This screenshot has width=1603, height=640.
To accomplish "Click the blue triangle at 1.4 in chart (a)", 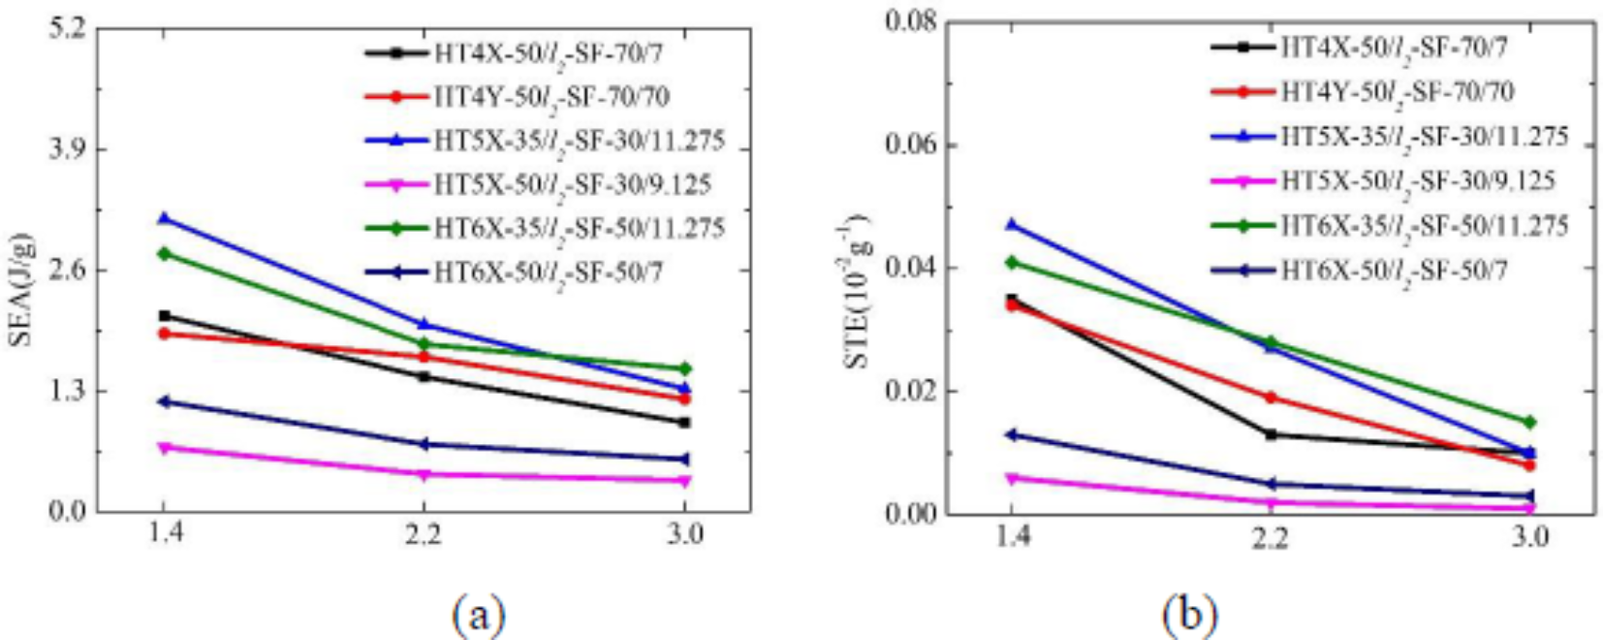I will (164, 219).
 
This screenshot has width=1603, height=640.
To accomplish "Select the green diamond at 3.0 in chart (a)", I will (684, 368).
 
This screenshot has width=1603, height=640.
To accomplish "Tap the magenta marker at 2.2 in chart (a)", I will (423, 474).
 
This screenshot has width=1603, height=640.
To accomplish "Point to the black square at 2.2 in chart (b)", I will (1270, 433).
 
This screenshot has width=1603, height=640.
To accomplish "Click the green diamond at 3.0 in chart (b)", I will (1529, 422).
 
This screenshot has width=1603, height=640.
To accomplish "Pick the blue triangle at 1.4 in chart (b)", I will (1012, 225).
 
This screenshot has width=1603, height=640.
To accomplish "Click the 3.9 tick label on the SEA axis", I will (68, 148).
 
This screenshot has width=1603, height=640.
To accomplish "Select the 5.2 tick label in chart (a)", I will (68, 27).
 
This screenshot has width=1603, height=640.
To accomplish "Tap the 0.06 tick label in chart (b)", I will (911, 144).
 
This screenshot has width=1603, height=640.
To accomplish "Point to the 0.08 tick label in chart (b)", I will (911, 21).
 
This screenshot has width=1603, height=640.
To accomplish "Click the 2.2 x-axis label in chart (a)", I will (423, 534).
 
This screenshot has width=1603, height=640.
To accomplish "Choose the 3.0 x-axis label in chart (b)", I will (1529, 536).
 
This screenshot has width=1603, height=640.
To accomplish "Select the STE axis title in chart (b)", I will (859, 291).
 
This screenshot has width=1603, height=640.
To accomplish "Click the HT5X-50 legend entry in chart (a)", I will (572, 184).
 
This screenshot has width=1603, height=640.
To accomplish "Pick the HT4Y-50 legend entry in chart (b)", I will (1396, 92).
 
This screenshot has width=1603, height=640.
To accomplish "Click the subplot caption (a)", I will (478, 613).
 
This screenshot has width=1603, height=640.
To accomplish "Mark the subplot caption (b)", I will (1190, 613).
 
